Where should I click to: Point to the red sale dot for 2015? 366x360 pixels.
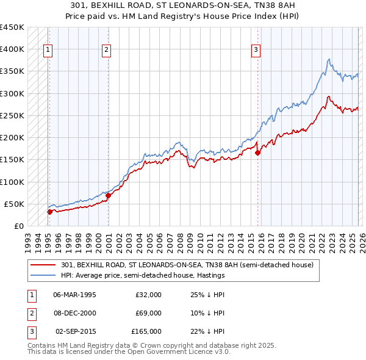click(x=257, y=153)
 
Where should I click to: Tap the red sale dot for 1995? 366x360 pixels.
click(x=49, y=212)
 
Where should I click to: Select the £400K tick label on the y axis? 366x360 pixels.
click(x=12, y=49)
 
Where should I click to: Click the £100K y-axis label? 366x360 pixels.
click(x=12, y=182)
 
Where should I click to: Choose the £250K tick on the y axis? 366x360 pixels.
click(x=12, y=115)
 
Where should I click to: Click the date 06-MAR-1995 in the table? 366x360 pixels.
click(x=74, y=295)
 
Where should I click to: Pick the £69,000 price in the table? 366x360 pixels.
click(x=148, y=313)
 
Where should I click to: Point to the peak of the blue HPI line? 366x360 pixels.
click(x=329, y=59)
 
